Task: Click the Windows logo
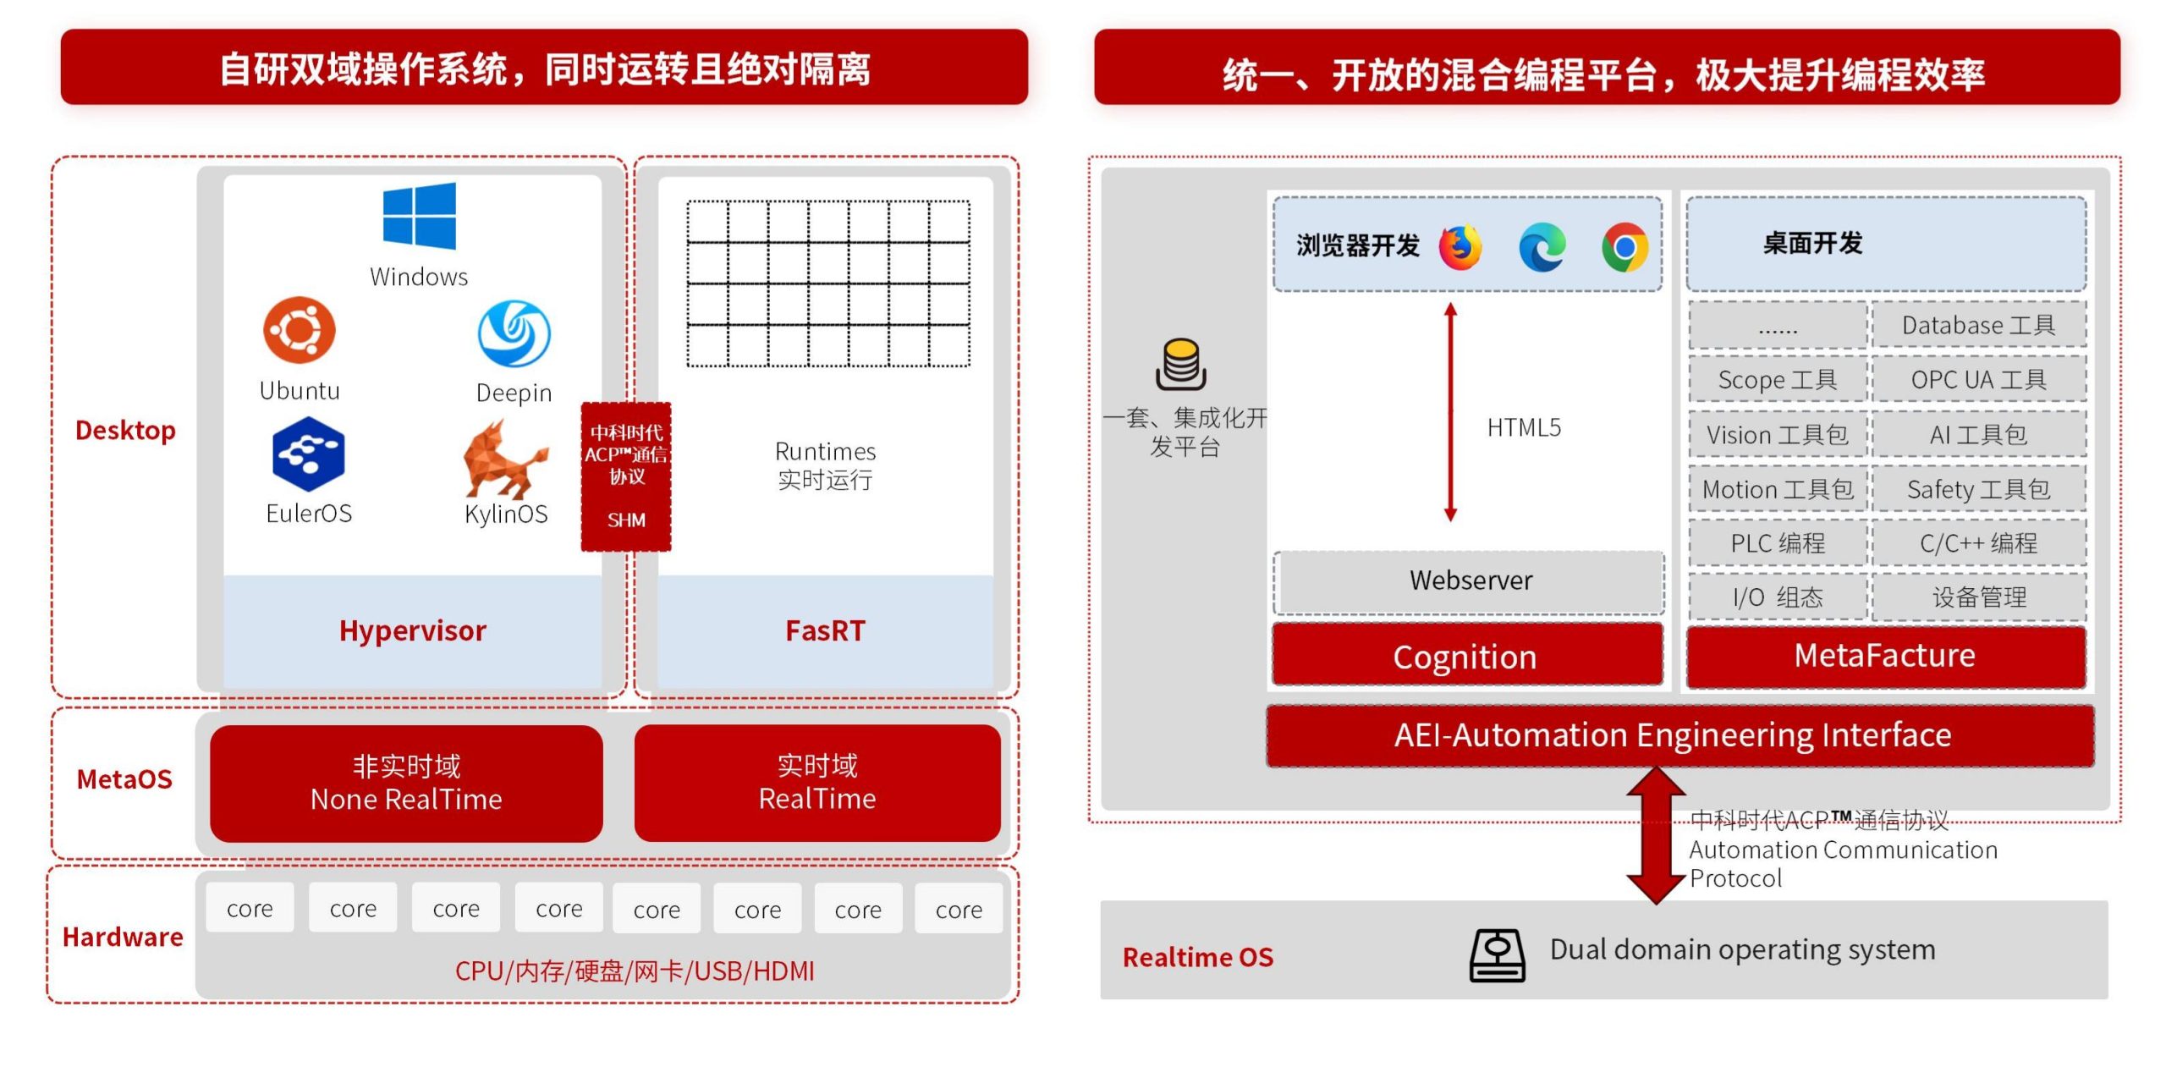[x=419, y=216]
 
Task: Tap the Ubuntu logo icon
[x=299, y=329]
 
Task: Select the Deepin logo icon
[x=514, y=333]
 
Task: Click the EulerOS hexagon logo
[x=308, y=454]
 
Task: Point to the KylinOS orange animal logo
[x=504, y=459]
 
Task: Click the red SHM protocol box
[x=626, y=476]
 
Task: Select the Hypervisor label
[x=412, y=631]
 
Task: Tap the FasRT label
[x=825, y=631]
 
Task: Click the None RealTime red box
[x=406, y=783]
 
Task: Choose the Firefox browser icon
[x=1461, y=247]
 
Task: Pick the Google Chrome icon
[x=1624, y=247]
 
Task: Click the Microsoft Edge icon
[x=1542, y=247]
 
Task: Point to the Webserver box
[x=1470, y=581]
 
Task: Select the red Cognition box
[x=1466, y=657]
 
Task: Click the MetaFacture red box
[x=1885, y=657]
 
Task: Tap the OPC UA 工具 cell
[x=1978, y=380]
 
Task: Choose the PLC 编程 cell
[x=1778, y=543]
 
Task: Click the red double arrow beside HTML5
[x=1450, y=413]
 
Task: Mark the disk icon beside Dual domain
[x=1497, y=954]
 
